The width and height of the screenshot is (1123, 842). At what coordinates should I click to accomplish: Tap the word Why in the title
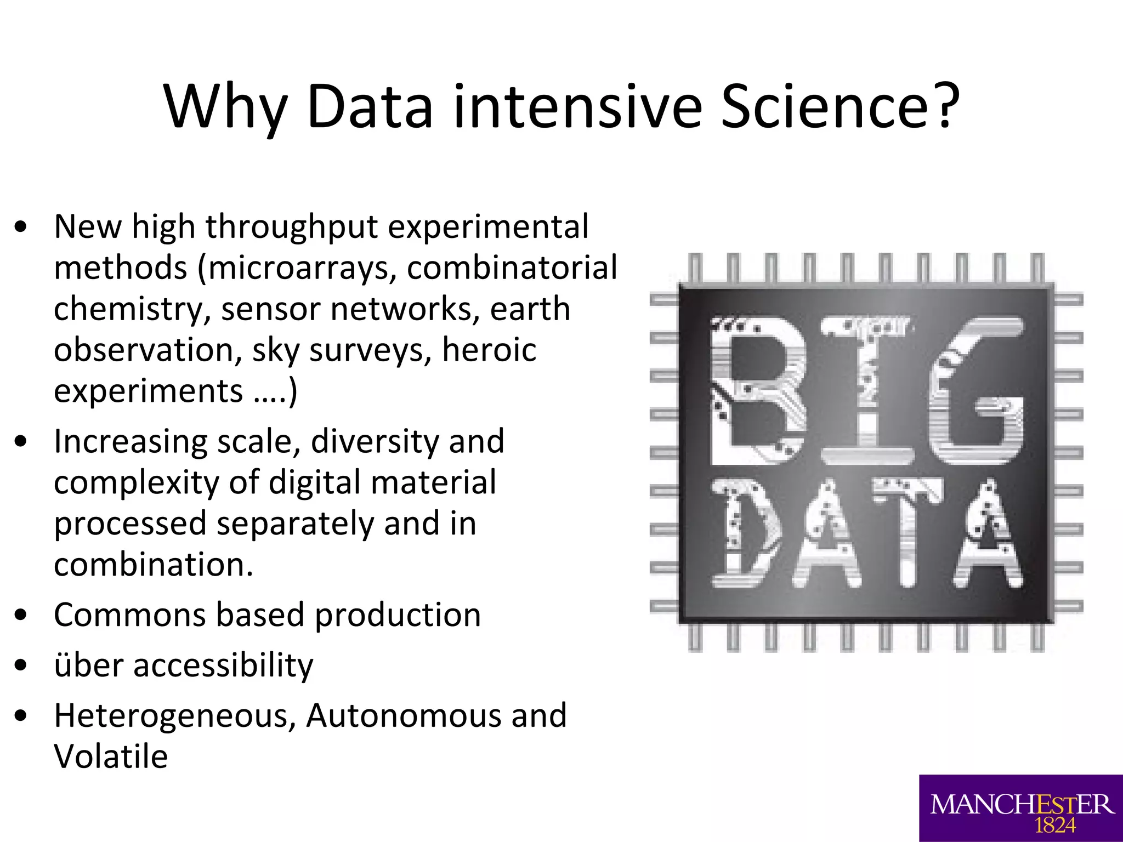point(225,107)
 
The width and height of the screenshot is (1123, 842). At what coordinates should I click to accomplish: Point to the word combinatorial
point(512,268)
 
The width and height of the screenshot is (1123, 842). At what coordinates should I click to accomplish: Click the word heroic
point(489,350)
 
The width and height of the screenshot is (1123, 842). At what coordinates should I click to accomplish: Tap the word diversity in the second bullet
point(375,441)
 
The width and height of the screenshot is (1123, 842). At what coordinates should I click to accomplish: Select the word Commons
point(129,615)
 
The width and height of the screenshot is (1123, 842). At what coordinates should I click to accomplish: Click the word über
point(89,665)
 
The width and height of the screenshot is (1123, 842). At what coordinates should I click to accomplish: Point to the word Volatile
point(111,756)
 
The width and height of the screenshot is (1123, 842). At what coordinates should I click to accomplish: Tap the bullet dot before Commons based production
point(21,615)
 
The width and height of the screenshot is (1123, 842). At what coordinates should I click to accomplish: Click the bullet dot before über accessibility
point(21,665)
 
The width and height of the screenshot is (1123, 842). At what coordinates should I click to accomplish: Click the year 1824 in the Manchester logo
point(1055,825)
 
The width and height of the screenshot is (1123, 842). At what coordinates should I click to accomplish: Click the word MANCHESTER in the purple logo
point(1022,805)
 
